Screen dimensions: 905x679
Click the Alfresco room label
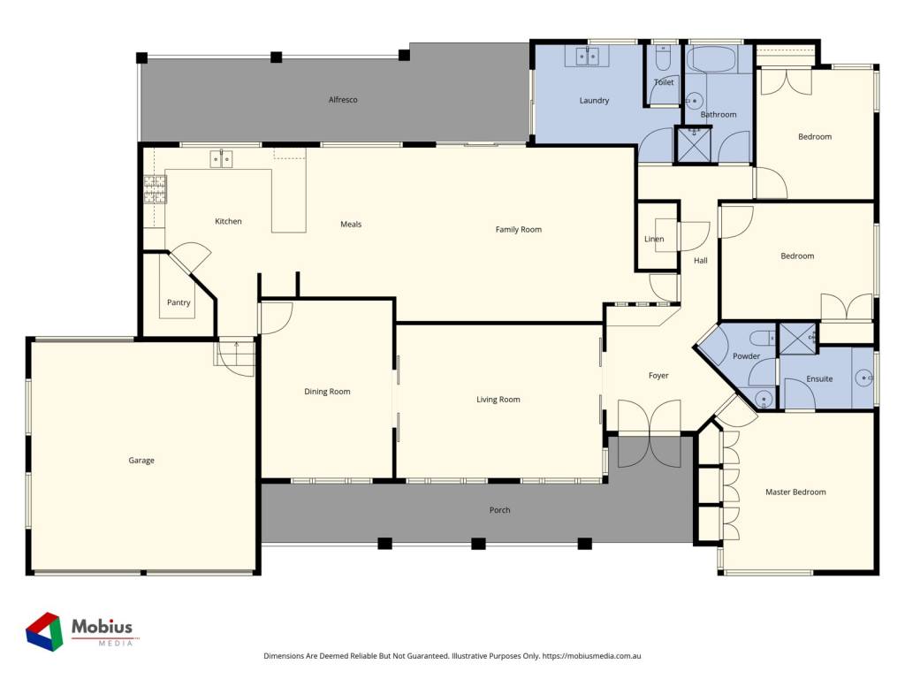click(343, 100)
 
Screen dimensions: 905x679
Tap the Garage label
click(141, 460)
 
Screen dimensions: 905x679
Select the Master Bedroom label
click(795, 492)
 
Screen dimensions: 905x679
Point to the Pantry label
click(179, 302)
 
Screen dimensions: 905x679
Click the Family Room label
click(518, 229)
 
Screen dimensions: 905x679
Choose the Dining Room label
click(327, 392)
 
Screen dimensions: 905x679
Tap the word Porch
click(500, 510)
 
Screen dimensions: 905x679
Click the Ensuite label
click(819, 378)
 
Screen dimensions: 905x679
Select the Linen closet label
click(654, 239)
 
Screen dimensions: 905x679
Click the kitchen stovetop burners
click(155, 189)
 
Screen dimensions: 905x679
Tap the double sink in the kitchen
click(221, 158)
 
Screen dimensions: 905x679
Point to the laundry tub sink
click(588, 56)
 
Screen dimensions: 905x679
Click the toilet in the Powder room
click(762, 338)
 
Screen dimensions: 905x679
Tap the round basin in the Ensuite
click(864, 378)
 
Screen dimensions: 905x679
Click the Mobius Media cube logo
click(44, 631)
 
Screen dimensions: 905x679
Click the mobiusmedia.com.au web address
click(591, 656)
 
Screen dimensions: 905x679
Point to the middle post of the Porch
click(478, 544)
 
